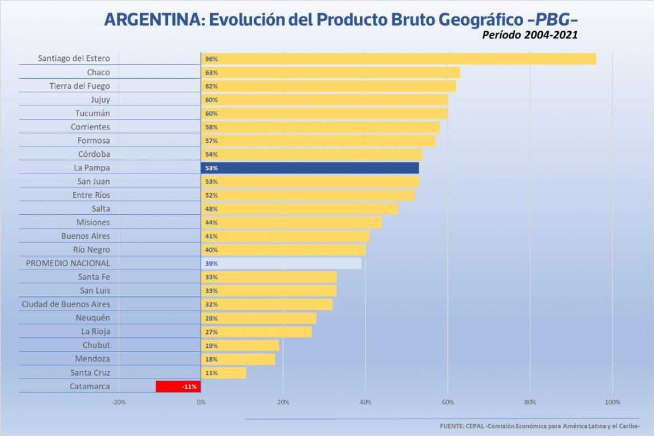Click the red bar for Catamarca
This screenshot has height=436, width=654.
(x=178, y=386)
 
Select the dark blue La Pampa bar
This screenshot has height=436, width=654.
(x=310, y=168)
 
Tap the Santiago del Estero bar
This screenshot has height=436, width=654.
(x=398, y=59)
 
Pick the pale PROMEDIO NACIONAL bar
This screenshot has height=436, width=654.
(x=281, y=263)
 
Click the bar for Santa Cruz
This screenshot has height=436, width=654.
(x=224, y=373)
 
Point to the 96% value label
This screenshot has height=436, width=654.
(x=211, y=59)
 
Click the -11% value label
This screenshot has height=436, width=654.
(x=188, y=386)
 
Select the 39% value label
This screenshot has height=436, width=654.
(x=211, y=263)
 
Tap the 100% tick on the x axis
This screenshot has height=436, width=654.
(x=613, y=403)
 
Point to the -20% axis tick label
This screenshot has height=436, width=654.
(x=119, y=403)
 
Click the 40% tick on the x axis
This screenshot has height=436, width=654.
(x=366, y=403)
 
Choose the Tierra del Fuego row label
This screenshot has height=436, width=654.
(x=80, y=86)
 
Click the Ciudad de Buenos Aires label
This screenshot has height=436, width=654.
(x=66, y=304)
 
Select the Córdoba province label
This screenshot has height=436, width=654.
(x=94, y=154)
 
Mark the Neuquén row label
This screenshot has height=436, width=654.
(x=93, y=318)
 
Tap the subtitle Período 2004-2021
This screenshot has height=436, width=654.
(x=529, y=35)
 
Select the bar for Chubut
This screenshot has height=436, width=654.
(x=240, y=345)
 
